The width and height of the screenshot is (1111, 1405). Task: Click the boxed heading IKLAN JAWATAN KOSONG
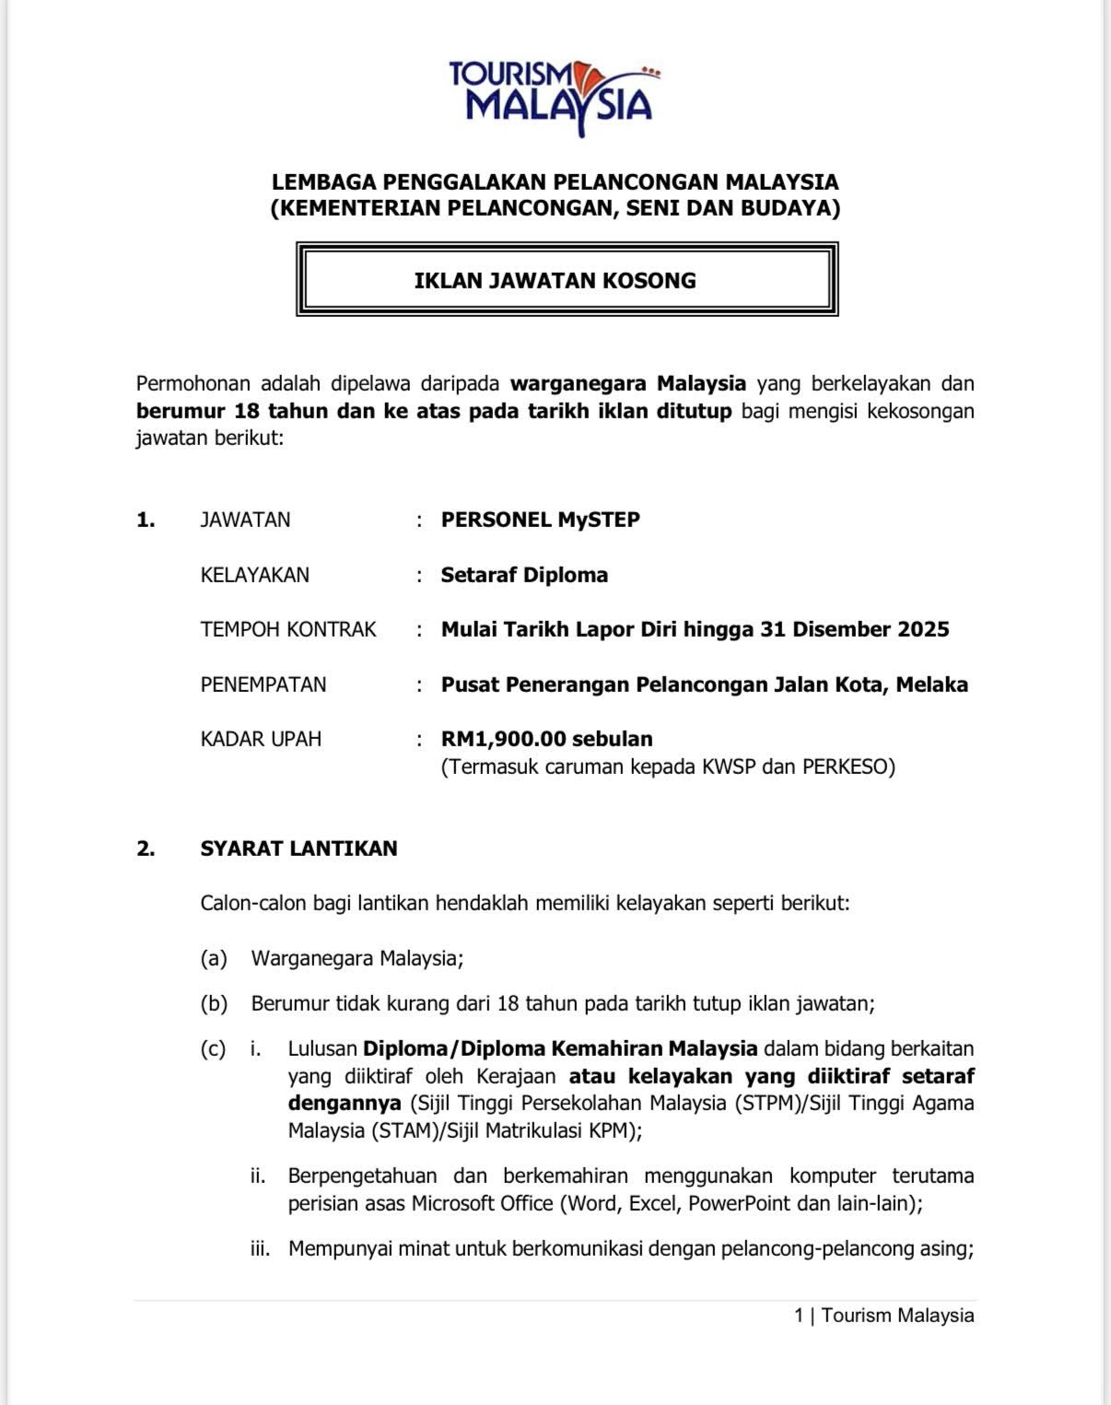555,280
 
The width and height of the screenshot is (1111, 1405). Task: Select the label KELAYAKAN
255,575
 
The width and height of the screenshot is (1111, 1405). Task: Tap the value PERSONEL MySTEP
540,520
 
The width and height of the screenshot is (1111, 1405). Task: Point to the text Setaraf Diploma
524,575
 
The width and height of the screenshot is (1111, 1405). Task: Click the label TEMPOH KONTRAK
288,629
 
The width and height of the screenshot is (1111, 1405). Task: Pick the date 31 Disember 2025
855,629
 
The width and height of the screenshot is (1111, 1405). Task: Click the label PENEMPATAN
263,685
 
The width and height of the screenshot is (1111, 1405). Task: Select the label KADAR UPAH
261,739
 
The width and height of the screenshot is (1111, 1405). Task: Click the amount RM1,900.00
503,739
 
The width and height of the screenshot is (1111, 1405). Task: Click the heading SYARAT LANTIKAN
298,849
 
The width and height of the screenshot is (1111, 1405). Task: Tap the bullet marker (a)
214,958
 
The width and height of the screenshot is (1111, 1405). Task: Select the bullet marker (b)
214,1003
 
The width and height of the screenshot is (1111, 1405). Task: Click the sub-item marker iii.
260,1249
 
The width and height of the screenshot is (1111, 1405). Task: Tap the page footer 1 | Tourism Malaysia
883,1316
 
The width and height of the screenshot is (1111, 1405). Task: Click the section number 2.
145,849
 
